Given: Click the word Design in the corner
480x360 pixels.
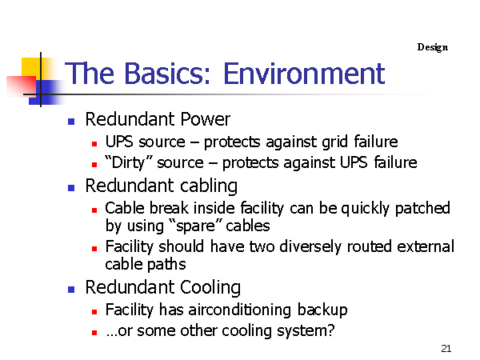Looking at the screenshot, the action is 433,47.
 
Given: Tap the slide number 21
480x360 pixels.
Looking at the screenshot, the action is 446,348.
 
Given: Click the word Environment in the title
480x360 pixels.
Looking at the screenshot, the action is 304,74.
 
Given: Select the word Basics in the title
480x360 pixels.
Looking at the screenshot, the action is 168,74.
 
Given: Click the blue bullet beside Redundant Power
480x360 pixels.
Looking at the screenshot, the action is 71,122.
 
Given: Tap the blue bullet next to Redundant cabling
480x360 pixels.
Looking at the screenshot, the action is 71,188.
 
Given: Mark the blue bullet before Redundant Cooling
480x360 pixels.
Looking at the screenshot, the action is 71,290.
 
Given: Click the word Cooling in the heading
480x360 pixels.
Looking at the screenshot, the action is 210,288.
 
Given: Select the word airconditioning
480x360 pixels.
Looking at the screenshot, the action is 240,310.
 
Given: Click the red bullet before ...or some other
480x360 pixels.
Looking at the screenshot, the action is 94,333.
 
